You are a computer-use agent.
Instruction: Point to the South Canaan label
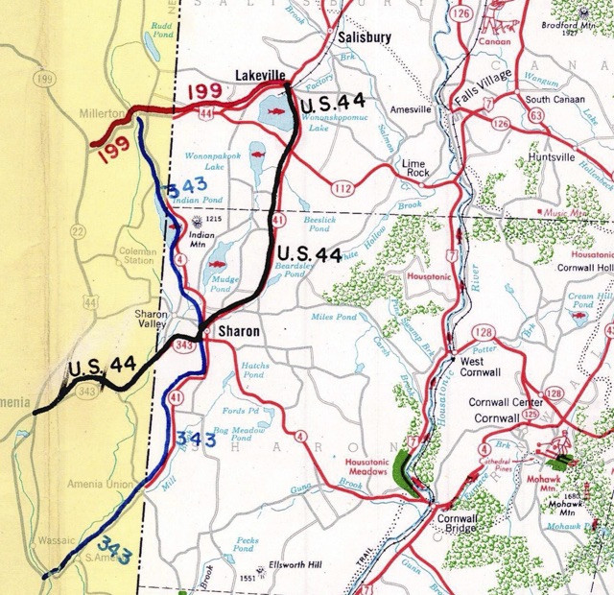point(554,99)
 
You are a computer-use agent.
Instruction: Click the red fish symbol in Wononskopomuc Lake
point(276,113)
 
